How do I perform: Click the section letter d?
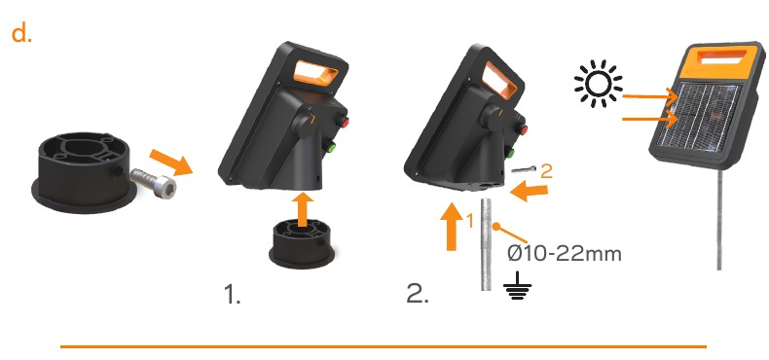pyautogui.click(x=21, y=34)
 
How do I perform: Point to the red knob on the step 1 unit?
pyautogui.click(x=344, y=124)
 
